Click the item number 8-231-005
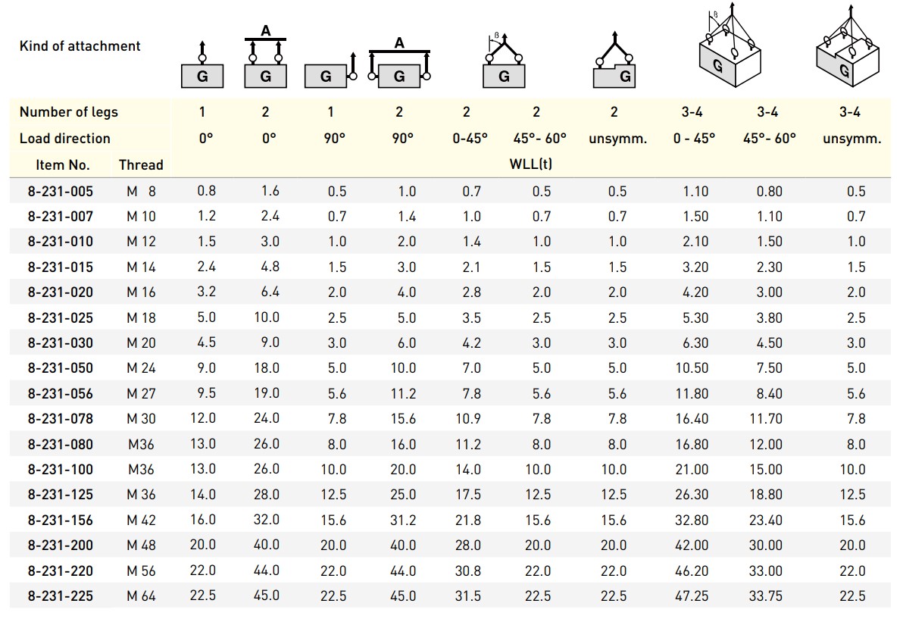61,191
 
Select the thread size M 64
141,596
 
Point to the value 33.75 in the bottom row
768,596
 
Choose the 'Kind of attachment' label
80,45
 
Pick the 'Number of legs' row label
69,112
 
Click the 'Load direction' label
65,139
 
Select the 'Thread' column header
141,164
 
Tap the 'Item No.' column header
63,164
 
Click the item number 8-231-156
61,520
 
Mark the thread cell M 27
141,393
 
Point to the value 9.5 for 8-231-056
206,393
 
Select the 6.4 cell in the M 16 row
270,292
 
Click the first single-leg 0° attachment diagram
202,67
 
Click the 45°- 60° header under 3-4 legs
768,139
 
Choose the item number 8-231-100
61,469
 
